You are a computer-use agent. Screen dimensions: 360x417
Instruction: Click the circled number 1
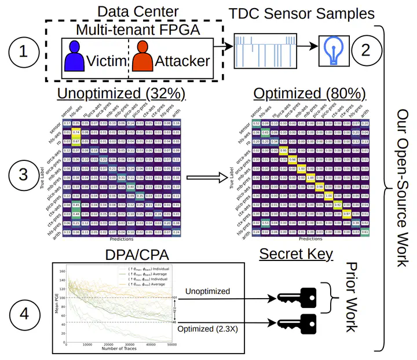[x=23, y=52]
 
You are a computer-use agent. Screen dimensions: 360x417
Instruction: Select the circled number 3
[x=23, y=175]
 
